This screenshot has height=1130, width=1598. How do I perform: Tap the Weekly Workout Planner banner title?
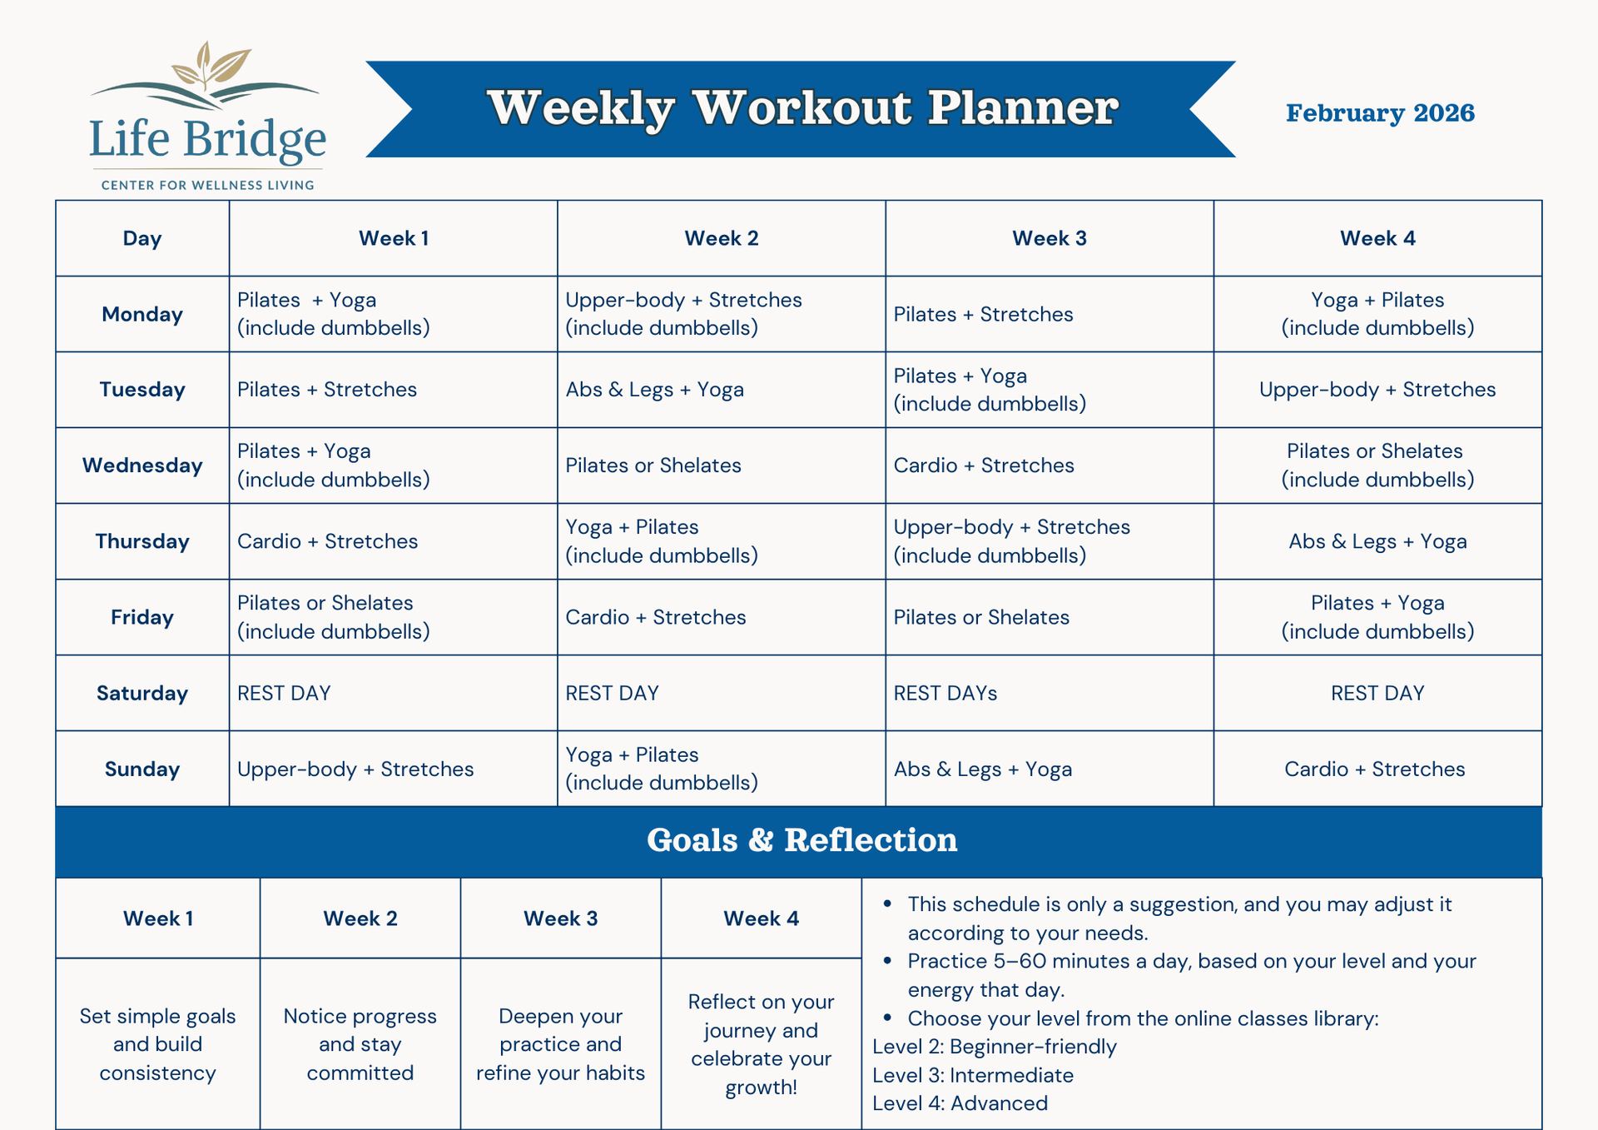802,108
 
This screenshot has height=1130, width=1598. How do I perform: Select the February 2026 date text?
1380,112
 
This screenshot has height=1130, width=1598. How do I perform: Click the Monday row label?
142,314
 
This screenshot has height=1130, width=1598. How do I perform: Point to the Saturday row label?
142,693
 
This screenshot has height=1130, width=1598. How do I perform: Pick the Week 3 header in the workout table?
1050,238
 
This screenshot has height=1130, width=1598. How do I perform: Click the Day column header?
142,238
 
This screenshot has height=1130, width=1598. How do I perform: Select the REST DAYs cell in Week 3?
945,693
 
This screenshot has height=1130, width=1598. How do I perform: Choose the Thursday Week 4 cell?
1377,541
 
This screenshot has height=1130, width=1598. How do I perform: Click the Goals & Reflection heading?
802,840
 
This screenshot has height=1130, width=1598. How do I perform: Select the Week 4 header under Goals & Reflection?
761,918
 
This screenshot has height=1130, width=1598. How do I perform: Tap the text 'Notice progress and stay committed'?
360,1044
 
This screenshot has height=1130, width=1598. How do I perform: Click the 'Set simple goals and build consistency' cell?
158,1044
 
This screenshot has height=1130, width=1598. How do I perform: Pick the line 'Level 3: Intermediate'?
973,1075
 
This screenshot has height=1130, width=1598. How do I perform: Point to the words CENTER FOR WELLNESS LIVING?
208,185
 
